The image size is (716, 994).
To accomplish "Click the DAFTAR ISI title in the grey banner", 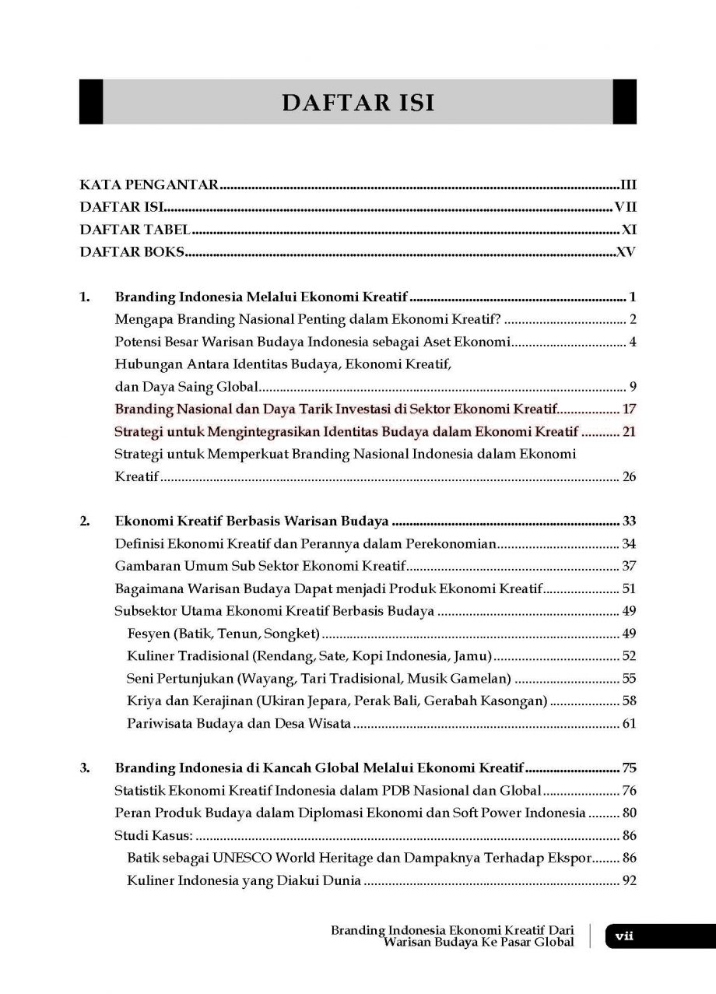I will pyautogui.click(x=357, y=102).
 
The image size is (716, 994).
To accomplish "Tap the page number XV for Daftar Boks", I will pyautogui.click(x=626, y=252).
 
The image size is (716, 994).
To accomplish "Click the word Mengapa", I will pyautogui.click(x=142, y=319).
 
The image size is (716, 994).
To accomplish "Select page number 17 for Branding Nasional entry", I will pyautogui.click(x=630, y=409).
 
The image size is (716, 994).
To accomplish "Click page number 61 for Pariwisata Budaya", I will pyautogui.click(x=630, y=724).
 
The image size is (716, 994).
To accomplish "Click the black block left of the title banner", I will pyautogui.click(x=90, y=101).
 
